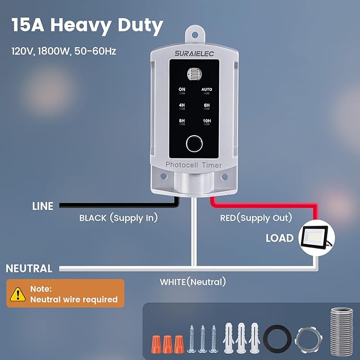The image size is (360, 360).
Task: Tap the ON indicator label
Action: click(182, 89)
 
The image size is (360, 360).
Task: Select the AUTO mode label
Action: click(207, 89)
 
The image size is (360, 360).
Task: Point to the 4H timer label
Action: click(182, 105)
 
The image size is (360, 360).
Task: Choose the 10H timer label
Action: click(207, 121)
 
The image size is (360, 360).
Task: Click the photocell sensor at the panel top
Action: click(194, 74)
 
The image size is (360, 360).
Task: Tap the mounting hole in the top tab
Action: click(195, 34)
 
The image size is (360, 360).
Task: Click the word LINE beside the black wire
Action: click(43, 206)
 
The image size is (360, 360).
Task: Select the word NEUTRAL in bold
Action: click(29, 268)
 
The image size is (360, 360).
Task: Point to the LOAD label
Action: click(279, 238)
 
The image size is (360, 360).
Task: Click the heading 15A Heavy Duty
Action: click(87, 26)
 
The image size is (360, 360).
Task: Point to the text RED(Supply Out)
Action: click(256, 218)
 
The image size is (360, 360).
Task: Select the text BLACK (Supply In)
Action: click(119, 218)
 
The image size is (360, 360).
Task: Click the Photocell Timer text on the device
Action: click(194, 165)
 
